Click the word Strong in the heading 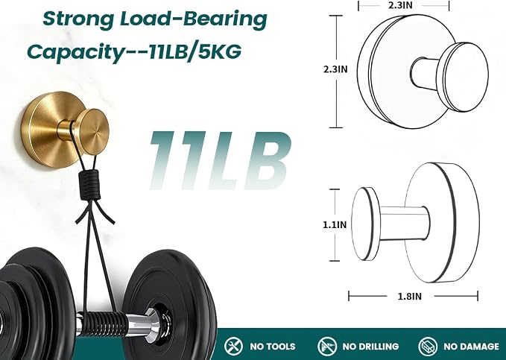pyautogui.click(x=78, y=19)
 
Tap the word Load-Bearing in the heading pyautogui.click(x=194, y=19)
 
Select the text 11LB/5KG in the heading pyautogui.click(x=195, y=51)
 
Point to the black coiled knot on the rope pyautogui.click(x=89, y=185)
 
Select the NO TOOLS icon pyautogui.click(x=233, y=346)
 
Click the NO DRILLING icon pyautogui.click(x=327, y=346)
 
